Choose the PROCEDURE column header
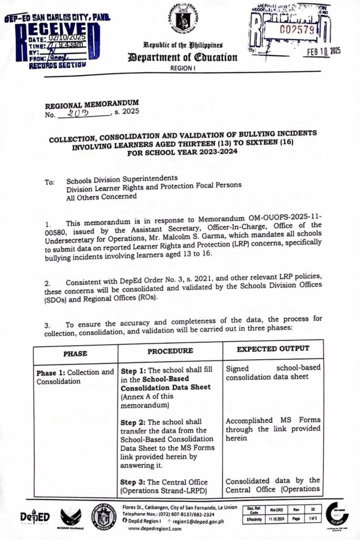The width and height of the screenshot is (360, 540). (169, 351)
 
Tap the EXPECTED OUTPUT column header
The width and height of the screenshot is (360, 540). (273, 349)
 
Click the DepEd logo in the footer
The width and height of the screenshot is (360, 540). (35, 517)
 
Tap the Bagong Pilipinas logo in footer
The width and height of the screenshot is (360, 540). (71, 517)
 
